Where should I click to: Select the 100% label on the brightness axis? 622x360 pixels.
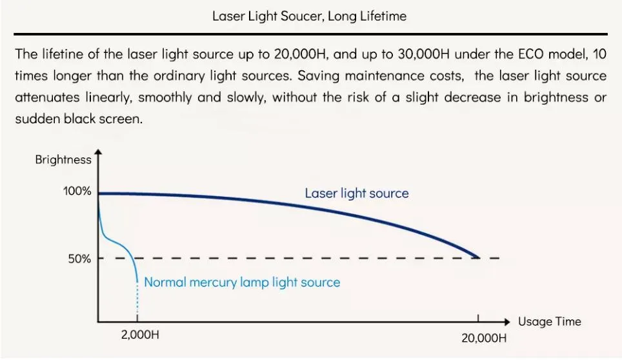pos(77,192)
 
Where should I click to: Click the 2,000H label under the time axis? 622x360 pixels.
pos(138,335)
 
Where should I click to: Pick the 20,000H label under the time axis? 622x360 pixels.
pos(484,337)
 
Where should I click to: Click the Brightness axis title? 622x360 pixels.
pos(63,160)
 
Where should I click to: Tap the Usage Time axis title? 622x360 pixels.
pos(550,321)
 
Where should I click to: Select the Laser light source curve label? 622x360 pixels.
pos(357,193)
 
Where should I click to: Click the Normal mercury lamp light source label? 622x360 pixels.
pos(242,282)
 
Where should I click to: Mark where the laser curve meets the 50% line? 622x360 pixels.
pos(478,258)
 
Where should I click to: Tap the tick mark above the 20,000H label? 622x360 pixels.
pos(478,317)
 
